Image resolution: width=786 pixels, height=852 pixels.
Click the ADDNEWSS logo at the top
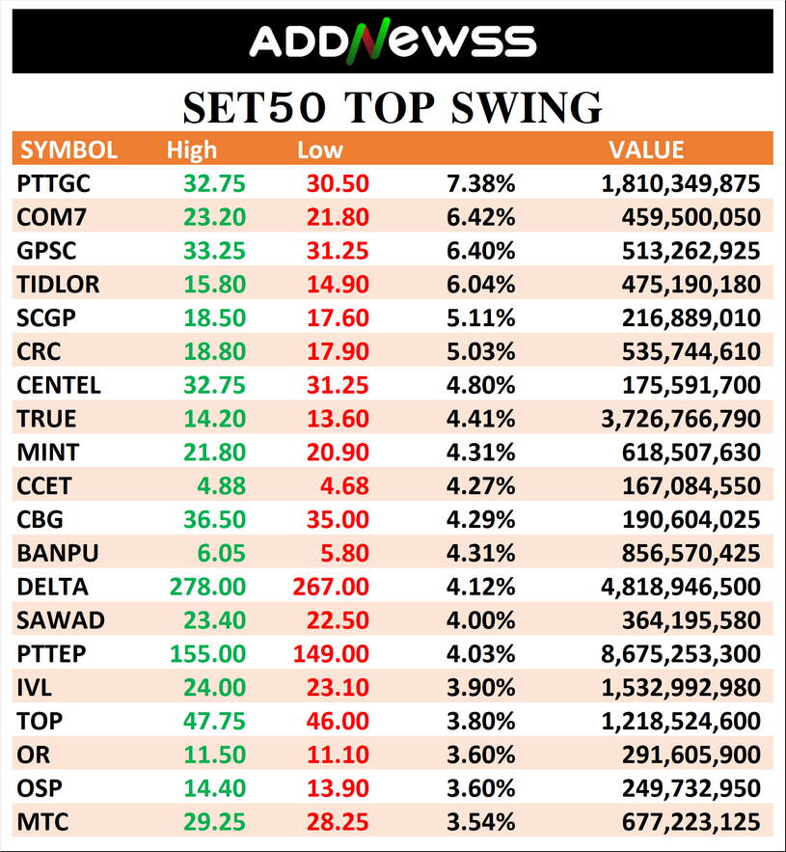[392, 41]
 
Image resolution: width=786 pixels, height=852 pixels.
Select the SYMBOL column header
[68, 151]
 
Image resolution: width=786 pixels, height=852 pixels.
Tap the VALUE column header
[646, 151]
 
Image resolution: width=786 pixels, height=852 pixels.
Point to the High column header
[192, 151]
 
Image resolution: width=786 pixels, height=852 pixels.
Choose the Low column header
[320, 151]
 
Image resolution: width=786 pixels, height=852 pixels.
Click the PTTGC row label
[60, 183]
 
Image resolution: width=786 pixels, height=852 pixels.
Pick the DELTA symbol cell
[52, 587]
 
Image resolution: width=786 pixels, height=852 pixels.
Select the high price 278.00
[207, 587]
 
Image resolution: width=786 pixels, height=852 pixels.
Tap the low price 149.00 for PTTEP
[330, 654]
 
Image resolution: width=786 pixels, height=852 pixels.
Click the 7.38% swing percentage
[480, 183]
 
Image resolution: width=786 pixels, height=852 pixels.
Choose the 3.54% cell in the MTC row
[480, 822]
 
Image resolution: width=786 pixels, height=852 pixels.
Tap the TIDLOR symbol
[58, 285]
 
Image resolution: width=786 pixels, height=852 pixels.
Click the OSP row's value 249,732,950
[685, 788]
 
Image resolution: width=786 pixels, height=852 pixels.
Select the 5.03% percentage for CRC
[480, 351]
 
